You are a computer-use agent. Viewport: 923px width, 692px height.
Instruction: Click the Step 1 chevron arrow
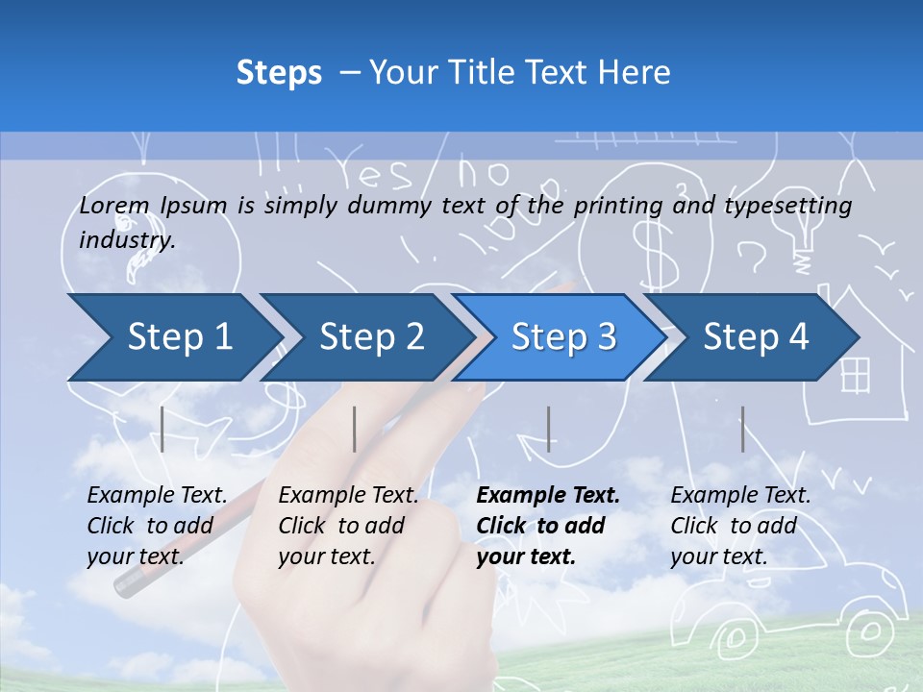[x=173, y=337]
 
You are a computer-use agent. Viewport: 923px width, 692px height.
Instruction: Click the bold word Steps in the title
[x=279, y=72]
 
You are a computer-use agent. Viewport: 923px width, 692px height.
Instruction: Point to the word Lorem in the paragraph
[x=114, y=205]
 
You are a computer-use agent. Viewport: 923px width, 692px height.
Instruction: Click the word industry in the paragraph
[x=127, y=240]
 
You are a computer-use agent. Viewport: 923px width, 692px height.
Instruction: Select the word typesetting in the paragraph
[x=787, y=206]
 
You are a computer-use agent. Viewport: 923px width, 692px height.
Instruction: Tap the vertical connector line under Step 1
[x=162, y=429]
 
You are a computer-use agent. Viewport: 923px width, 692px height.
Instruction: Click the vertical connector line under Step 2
[x=355, y=429]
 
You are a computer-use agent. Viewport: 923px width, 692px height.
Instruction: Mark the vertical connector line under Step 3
[x=548, y=429]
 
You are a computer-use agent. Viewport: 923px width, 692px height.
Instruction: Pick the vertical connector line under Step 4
[x=742, y=429]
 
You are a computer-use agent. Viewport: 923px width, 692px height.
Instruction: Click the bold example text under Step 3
[x=548, y=526]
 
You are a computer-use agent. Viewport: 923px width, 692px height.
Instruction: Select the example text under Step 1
[x=157, y=526]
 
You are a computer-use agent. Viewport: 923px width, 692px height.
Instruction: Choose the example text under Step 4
[x=740, y=526]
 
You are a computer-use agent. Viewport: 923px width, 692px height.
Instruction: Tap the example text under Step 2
[x=348, y=526]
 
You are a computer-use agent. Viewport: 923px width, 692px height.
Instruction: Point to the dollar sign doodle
[x=649, y=252]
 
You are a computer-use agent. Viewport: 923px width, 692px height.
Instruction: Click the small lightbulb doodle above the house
[x=803, y=236]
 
